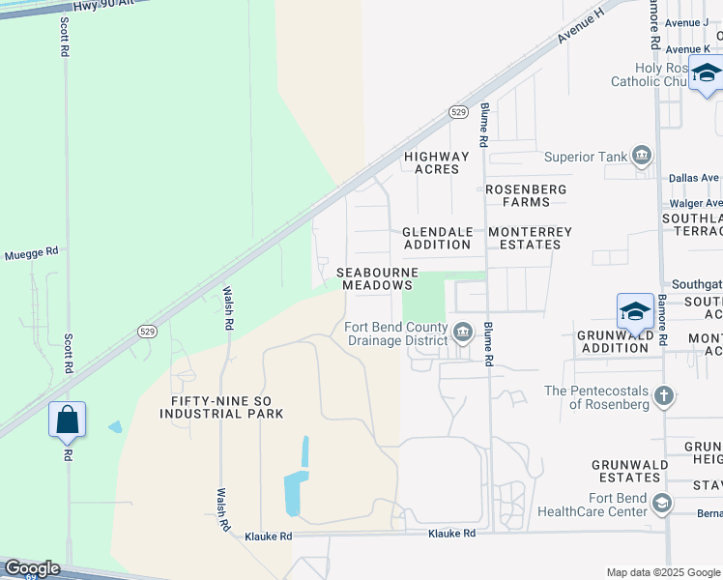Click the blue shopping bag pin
point(67,420)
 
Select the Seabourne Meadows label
point(377,278)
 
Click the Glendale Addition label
point(437,238)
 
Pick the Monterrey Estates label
point(531,238)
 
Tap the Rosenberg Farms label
point(526,195)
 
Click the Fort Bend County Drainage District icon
point(463,333)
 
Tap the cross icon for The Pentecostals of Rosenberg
point(663,395)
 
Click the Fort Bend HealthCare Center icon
point(662,503)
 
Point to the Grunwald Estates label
point(628,471)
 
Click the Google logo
point(31,568)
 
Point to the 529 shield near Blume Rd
point(459,113)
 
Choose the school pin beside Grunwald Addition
point(635,311)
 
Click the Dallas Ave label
point(694,178)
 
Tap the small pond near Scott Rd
point(116,426)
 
